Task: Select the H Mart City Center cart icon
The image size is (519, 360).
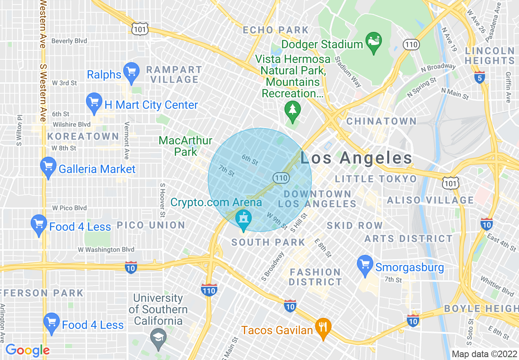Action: coord(94,103)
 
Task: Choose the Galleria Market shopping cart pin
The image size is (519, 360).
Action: coord(48,167)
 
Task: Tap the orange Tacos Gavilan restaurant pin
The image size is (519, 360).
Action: coord(323,328)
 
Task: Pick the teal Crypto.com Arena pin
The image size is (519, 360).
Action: coord(244,220)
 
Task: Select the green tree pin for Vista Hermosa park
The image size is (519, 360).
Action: coord(292,111)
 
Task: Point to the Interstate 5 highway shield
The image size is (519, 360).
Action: coord(480,77)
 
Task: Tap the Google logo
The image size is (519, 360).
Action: coord(27,351)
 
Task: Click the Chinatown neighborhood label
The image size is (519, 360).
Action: coord(381,122)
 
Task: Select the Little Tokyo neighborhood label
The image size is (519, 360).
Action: coord(376,179)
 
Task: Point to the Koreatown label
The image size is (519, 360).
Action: coord(83,136)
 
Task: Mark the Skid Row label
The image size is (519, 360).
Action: coord(354,225)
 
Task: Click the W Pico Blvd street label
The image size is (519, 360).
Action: coord(69,208)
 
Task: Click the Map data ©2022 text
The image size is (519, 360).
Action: coord(484,354)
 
